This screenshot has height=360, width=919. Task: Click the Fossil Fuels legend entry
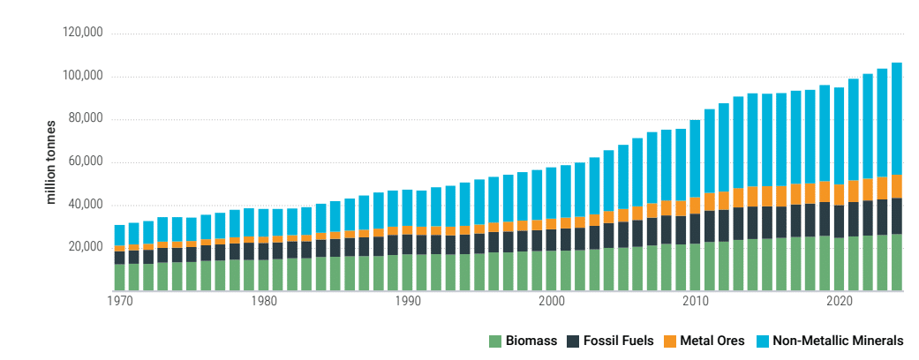click(x=602, y=341)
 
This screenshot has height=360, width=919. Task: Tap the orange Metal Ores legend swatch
click(x=671, y=341)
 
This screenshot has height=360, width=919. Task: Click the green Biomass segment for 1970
click(x=119, y=277)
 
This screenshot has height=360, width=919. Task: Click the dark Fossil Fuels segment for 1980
click(x=263, y=251)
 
